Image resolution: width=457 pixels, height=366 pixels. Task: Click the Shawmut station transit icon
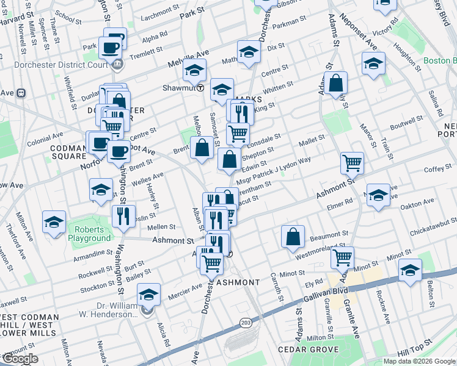click(x=200, y=88)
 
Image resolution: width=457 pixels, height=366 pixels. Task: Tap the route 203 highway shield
click(x=246, y=322)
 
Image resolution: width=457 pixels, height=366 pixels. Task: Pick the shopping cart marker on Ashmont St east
click(x=353, y=162)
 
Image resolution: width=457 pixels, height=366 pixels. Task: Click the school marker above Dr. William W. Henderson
click(x=148, y=294)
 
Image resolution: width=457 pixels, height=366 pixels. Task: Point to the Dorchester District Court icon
click(x=117, y=63)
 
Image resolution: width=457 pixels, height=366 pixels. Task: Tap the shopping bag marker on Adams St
click(x=335, y=82)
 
